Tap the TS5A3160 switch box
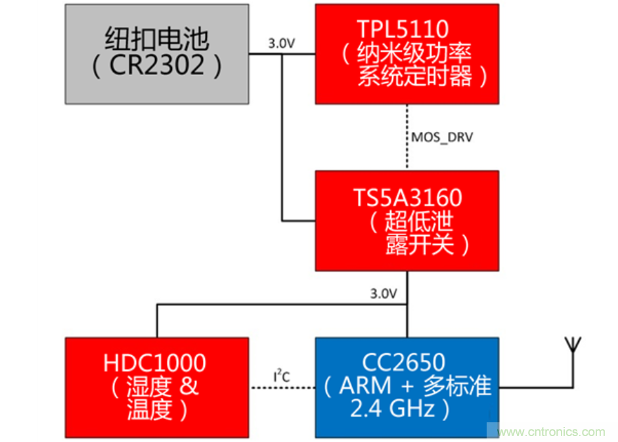click(407, 221)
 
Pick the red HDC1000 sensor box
click(156, 387)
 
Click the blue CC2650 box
click(407, 387)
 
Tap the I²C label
click(282, 376)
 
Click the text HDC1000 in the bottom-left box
click(155, 363)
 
